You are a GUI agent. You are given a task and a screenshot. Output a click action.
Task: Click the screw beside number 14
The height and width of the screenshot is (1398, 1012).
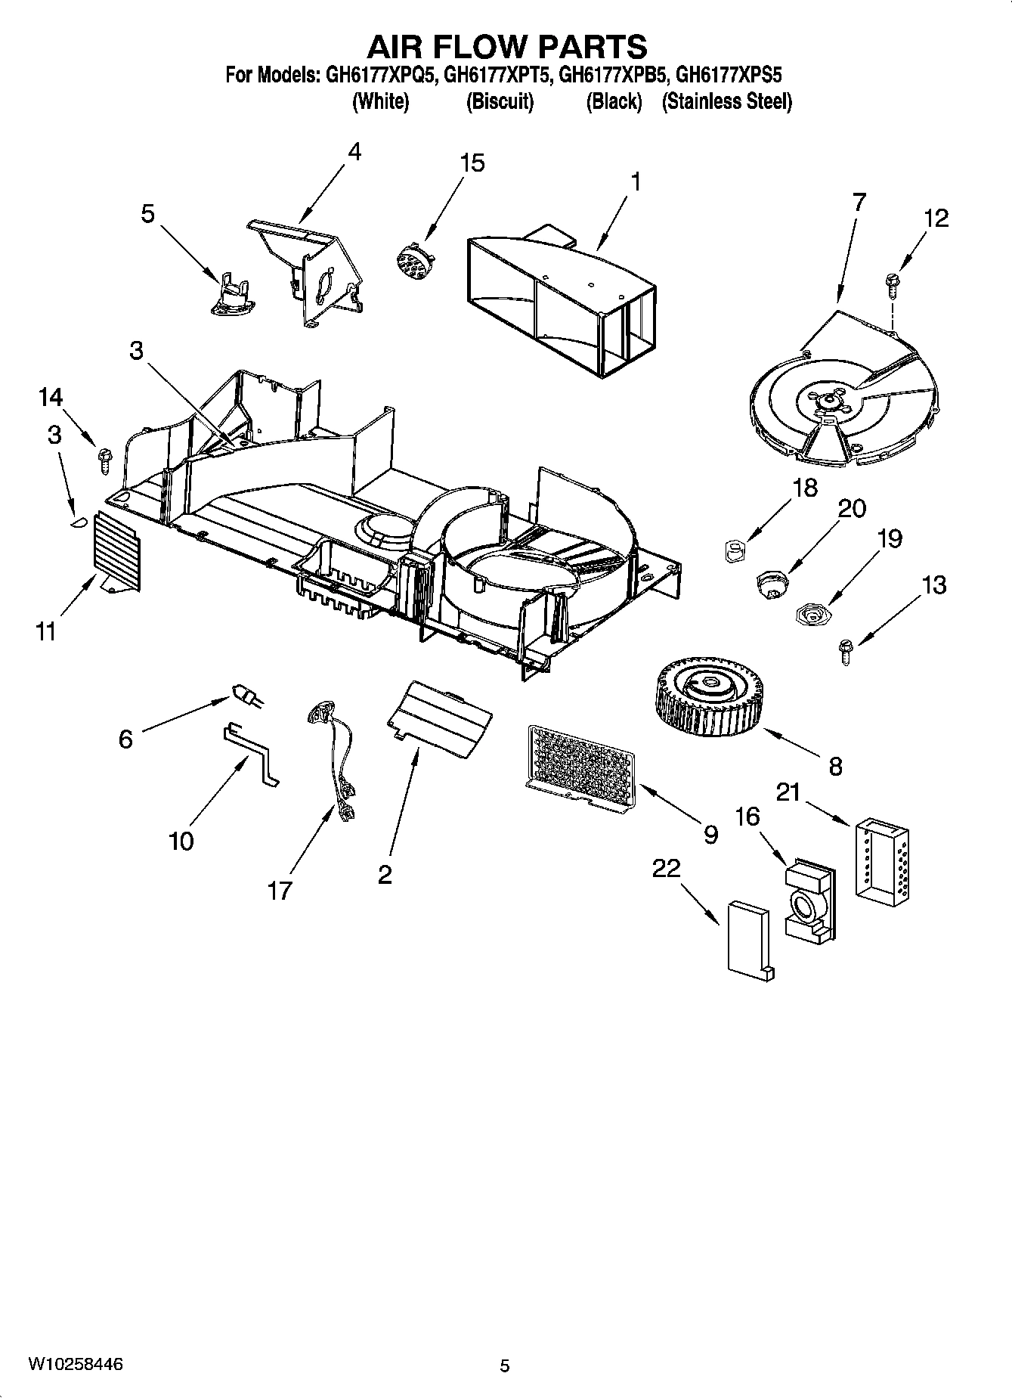[104, 459]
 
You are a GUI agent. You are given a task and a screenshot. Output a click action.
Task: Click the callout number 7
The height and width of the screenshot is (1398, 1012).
[858, 202]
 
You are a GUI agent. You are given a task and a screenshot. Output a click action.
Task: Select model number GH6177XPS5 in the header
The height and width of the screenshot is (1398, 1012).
[728, 76]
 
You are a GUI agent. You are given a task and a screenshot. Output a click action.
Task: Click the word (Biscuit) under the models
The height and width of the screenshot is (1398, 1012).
[500, 101]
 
